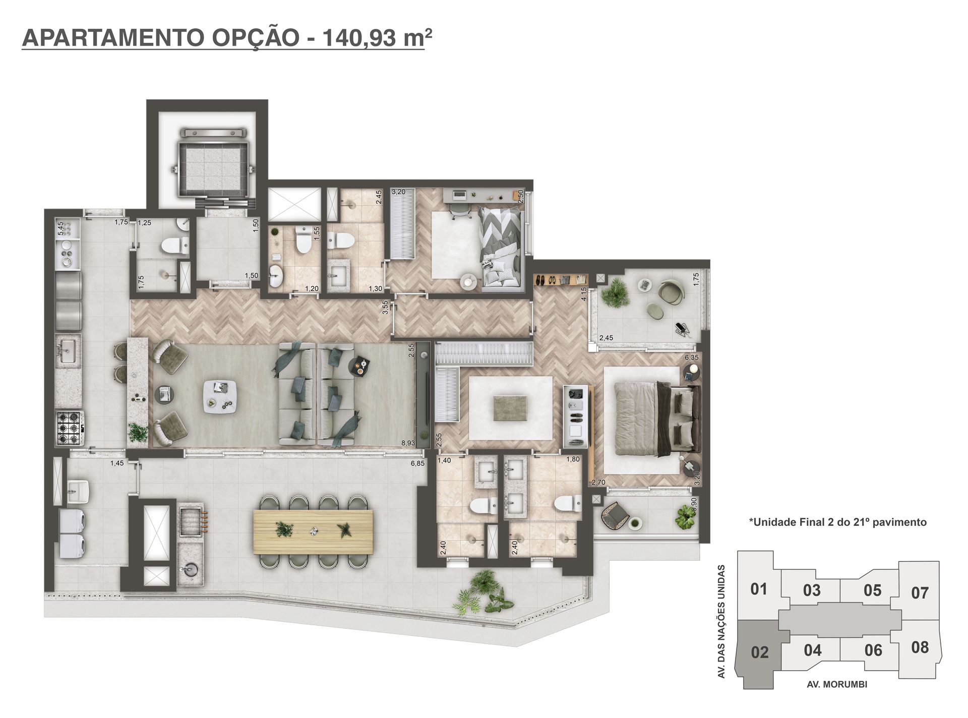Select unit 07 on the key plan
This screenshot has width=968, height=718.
point(920,593)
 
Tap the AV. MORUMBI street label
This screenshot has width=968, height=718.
point(837,685)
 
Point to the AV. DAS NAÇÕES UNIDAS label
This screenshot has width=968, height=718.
point(721,621)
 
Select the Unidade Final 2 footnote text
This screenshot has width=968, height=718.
point(838,522)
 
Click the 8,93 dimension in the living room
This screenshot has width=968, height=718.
point(408,443)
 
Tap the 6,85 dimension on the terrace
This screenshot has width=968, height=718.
point(417,463)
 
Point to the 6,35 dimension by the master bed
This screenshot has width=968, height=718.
point(691,357)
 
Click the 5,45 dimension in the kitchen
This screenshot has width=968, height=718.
point(60,228)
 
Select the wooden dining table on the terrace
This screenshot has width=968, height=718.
point(313,531)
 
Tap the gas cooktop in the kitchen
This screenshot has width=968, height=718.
point(70,428)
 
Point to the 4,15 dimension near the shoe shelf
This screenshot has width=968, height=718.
point(584,294)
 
